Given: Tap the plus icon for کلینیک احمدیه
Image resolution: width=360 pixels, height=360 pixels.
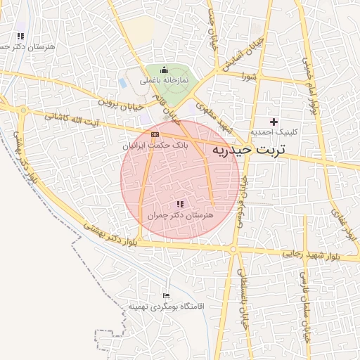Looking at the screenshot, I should pyautogui.click(x=274, y=122).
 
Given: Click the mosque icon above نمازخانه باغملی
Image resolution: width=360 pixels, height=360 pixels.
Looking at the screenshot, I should pyautogui.click(x=165, y=70).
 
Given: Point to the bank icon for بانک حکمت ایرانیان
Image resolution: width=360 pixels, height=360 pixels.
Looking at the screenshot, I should pyautogui.click(x=155, y=134).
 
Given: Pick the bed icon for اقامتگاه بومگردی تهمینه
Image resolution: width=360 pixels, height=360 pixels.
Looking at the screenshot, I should pyautogui.click(x=166, y=296).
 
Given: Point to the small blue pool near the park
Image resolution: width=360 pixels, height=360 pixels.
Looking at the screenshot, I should pyautogui.click(x=124, y=82).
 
